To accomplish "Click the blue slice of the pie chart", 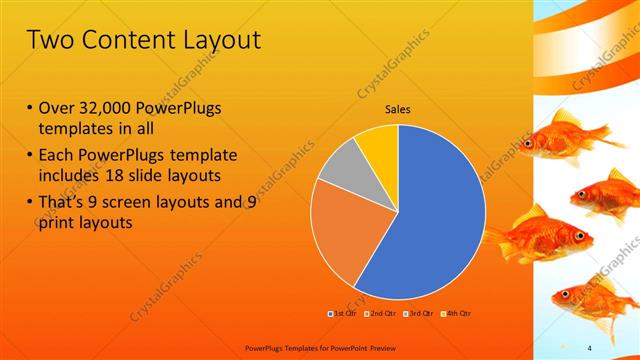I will pyautogui.click(x=430, y=210).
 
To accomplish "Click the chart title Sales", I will pyautogui.click(x=398, y=110).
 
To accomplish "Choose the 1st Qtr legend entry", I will pyautogui.click(x=343, y=313).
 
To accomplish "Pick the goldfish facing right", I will pyautogui.click(x=535, y=240).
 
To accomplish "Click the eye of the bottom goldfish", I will pyautogui.click(x=567, y=295).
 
